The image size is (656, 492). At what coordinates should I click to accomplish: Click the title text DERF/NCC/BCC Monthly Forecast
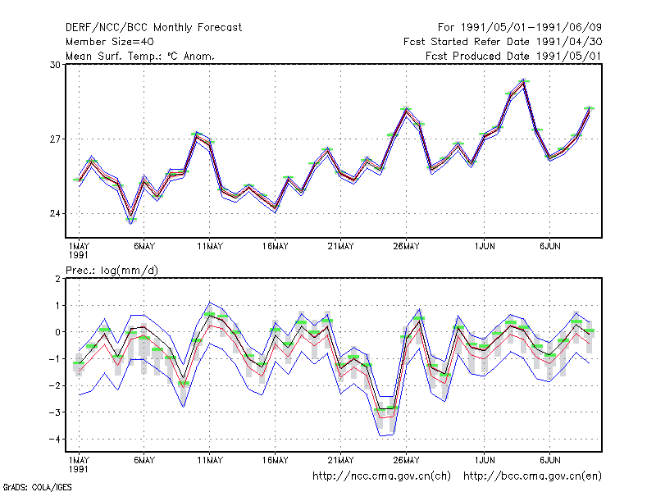pos(153,28)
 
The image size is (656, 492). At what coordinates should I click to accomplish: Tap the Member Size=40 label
pos(110,42)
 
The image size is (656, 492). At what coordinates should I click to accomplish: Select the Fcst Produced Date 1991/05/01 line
pos(513,56)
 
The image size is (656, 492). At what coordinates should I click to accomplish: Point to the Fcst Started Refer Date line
pos(503,42)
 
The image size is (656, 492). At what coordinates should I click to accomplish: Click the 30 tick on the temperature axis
pos(55,65)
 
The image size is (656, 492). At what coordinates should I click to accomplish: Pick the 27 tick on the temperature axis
pos(55,139)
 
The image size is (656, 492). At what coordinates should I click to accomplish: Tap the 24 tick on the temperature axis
pos(55,214)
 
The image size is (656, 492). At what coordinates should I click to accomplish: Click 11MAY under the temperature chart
pos(210,247)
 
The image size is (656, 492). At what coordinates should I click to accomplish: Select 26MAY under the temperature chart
pos(406,247)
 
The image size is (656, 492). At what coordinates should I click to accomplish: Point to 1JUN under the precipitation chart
pos(485,460)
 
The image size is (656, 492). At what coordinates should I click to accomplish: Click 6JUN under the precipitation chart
pos(549,460)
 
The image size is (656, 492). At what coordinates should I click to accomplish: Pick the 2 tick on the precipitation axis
pos(57,279)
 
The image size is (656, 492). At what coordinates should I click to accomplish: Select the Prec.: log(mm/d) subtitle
pos(112,271)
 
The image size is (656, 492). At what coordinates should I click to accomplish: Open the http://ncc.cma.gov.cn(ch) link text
pos(381,476)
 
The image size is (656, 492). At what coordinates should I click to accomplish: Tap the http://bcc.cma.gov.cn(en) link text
pos(532,476)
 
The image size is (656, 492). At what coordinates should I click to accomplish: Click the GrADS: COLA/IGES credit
pos(38,487)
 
